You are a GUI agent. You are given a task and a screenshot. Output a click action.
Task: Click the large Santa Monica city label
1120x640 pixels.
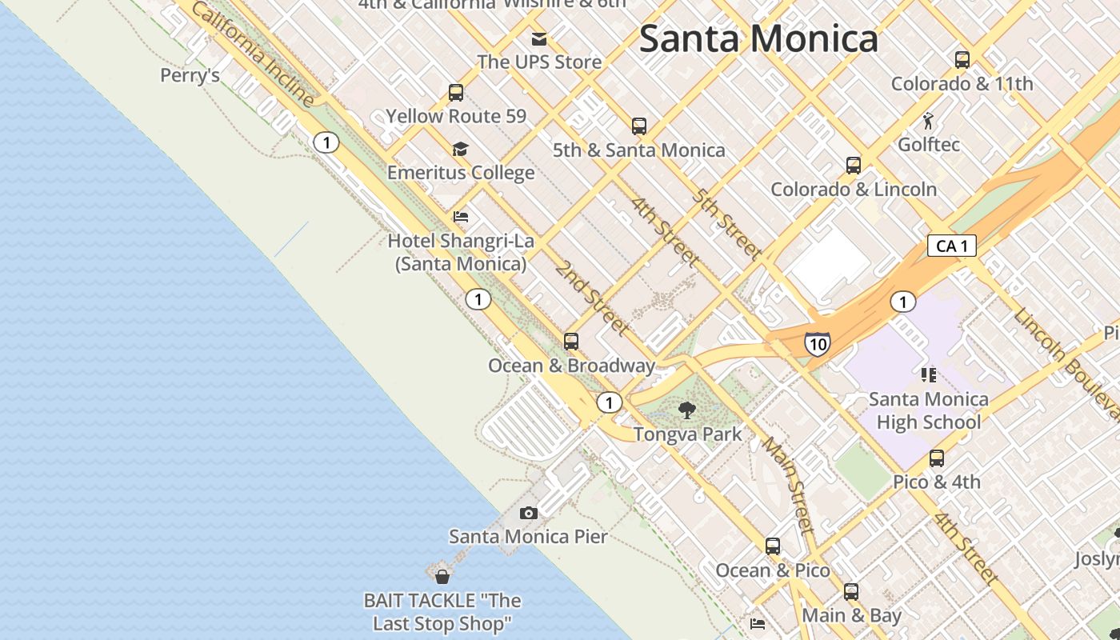[x=758, y=38]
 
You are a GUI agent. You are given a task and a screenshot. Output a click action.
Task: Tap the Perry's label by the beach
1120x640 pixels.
[x=190, y=75]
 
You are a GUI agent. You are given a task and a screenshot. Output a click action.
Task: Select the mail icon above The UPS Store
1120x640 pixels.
[x=539, y=38]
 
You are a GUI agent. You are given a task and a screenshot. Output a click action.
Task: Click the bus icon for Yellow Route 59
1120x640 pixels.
[x=456, y=93]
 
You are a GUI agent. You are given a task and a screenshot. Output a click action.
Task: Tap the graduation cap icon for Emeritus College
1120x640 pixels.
[x=460, y=149]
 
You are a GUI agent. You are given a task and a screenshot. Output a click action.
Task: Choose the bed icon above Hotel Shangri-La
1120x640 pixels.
[x=461, y=217]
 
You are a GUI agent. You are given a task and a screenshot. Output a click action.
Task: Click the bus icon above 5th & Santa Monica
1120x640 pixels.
[x=639, y=126]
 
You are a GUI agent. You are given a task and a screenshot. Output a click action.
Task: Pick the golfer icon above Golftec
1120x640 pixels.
[x=929, y=122]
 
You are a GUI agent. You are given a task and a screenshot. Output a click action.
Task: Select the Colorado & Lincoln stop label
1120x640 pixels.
[x=854, y=190]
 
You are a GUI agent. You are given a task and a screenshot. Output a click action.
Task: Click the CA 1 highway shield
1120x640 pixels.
[x=952, y=246]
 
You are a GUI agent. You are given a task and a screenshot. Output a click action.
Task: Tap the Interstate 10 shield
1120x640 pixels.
[x=817, y=344]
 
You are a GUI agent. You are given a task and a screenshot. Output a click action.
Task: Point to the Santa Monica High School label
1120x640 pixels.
[x=928, y=410]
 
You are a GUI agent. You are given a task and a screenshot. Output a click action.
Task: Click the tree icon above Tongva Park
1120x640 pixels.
[x=687, y=410]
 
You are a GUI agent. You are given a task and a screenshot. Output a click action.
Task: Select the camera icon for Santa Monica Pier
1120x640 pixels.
[x=528, y=513]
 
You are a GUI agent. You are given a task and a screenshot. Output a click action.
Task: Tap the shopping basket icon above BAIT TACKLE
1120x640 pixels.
[x=442, y=575]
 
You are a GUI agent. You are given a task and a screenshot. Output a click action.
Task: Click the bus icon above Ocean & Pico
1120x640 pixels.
[x=773, y=546]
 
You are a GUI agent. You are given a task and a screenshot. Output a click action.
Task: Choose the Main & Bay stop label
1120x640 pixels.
[x=851, y=615]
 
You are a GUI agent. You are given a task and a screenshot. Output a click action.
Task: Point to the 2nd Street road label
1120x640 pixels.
[x=592, y=298]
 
